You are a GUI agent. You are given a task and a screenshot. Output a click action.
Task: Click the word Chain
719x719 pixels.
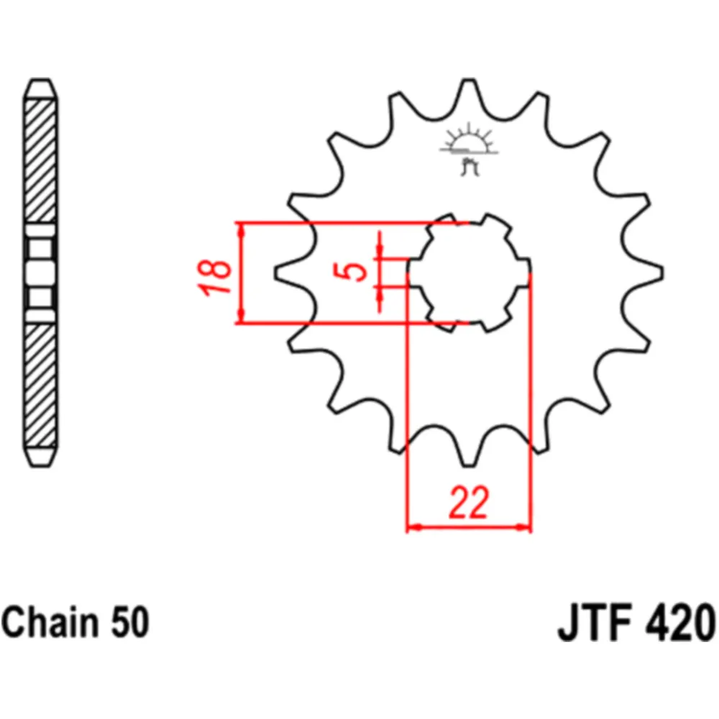coord(50,622)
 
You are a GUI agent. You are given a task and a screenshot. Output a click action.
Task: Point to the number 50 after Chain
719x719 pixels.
coord(130,622)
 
